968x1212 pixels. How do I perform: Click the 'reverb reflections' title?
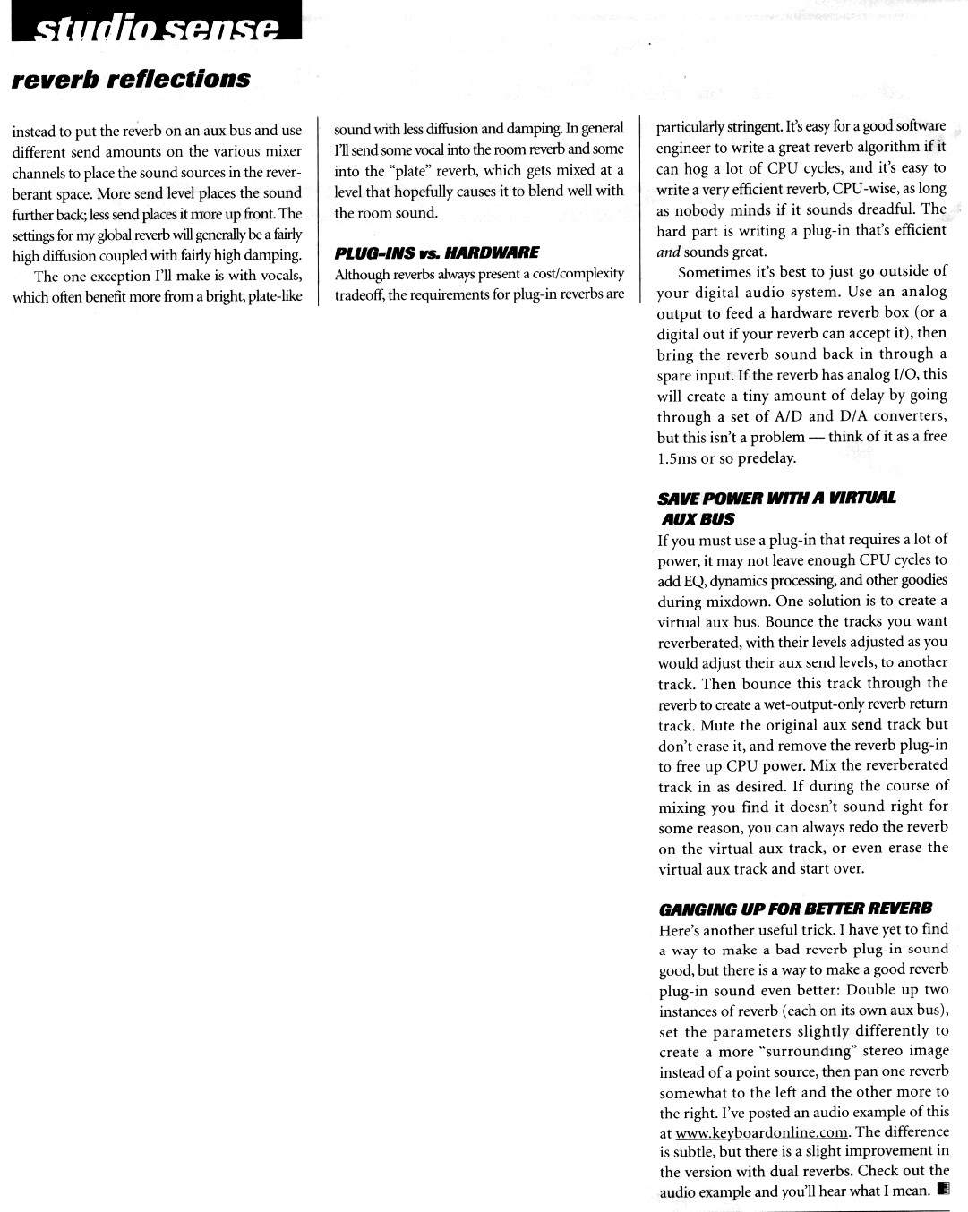[131, 79]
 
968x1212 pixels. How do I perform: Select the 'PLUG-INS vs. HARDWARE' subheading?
[436, 252]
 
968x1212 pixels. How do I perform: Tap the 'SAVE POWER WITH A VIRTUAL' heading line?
[776, 498]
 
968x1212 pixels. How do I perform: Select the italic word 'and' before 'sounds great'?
[668, 252]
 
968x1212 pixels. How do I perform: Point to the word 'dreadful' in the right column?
[887, 209]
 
